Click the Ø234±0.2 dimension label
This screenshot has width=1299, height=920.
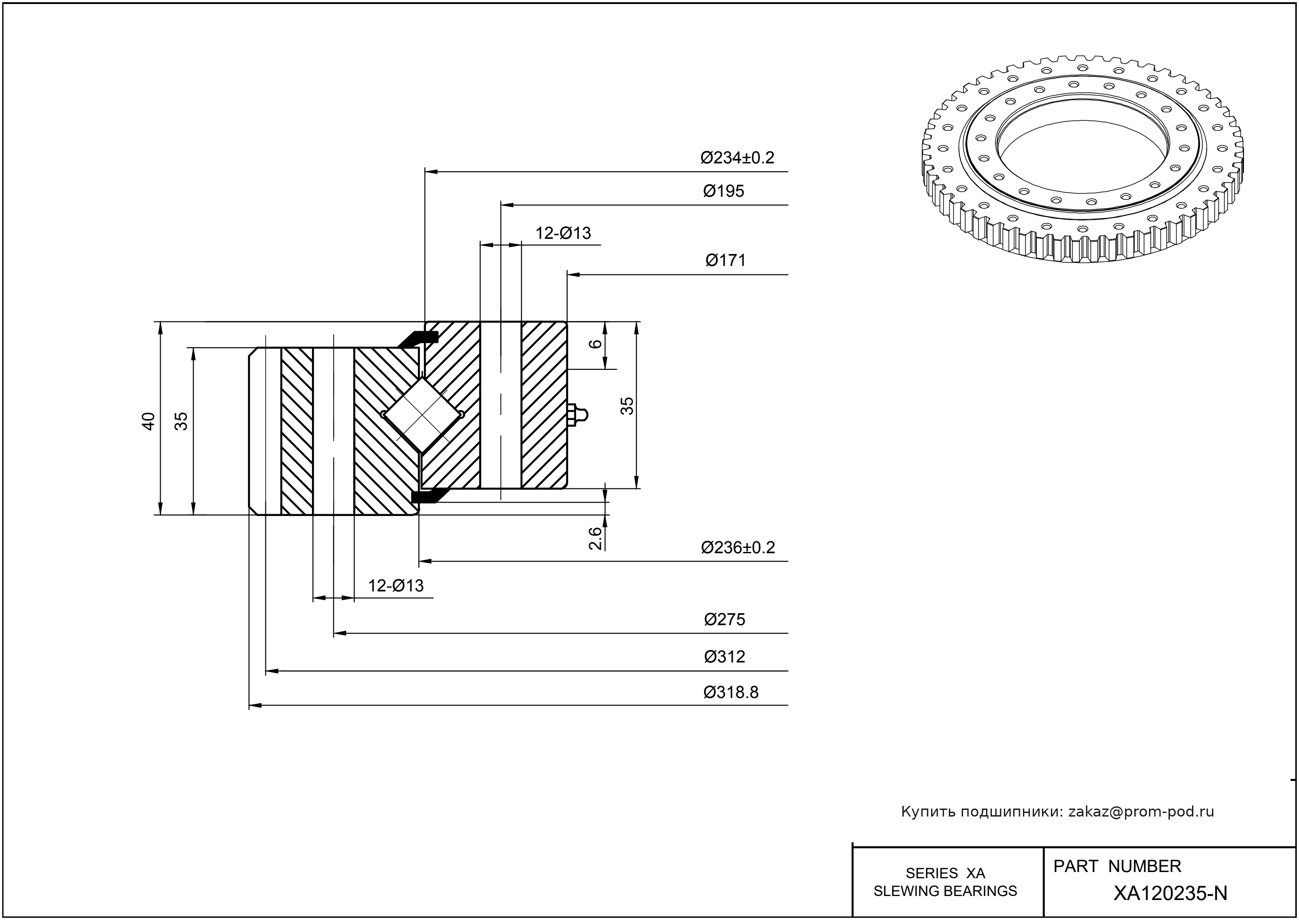pyautogui.click(x=737, y=158)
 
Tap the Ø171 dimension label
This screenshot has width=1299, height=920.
pyautogui.click(x=725, y=261)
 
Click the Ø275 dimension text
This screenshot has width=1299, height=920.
pyautogui.click(x=724, y=619)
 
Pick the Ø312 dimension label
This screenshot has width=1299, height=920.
pyautogui.click(x=724, y=657)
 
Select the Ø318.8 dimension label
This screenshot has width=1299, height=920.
pyautogui.click(x=730, y=692)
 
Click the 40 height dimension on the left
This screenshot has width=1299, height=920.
pyautogui.click(x=148, y=421)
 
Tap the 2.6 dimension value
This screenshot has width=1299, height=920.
pyautogui.click(x=595, y=539)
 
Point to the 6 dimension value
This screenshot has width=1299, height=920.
pyautogui.click(x=595, y=344)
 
